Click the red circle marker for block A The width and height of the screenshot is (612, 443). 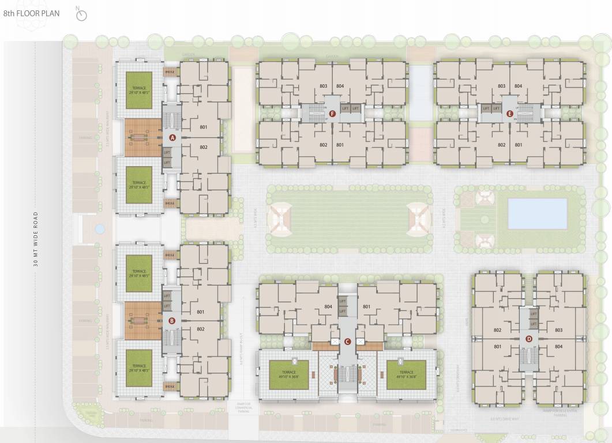[x=172, y=137]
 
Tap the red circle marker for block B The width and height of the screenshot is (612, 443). [x=171, y=321]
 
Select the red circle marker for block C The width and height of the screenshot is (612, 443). [x=347, y=341]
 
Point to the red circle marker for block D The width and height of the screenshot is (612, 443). [x=529, y=339]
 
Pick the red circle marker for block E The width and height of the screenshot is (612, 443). [x=509, y=114]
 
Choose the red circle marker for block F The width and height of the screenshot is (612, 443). [x=332, y=114]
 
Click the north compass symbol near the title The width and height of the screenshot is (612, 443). [x=81, y=14]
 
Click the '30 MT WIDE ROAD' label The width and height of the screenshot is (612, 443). [x=35, y=240]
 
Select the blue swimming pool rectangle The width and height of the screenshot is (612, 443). [x=537, y=213]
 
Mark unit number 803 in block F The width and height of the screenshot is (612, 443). [x=323, y=86]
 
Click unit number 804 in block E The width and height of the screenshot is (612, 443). [x=518, y=86]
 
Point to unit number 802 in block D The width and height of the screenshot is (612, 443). [x=497, y=330]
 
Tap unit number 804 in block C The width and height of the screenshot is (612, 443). [x=328, y=307]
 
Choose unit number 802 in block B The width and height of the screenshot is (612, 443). [x=201, y=329]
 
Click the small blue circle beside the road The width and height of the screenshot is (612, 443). [x=99, y=229]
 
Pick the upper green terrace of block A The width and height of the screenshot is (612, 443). [x=139, y=89]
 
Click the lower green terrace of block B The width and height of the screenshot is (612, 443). [x=139, y=367]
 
